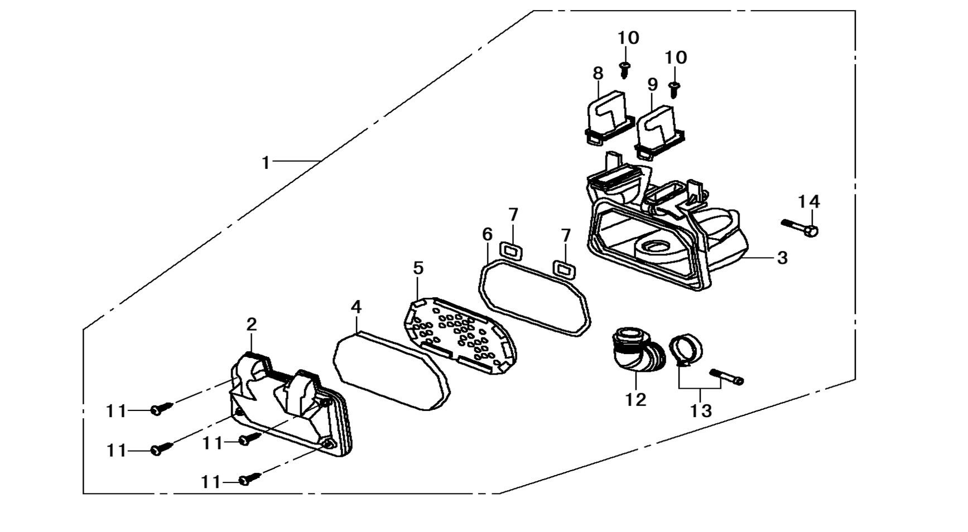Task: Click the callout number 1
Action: click(266, 162)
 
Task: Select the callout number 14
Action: click(808, 202)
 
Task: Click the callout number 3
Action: click(782, 258)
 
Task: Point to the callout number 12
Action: click(636, 399)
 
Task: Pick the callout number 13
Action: click(701, 411)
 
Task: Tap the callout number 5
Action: click(418, 268)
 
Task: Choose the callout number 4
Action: click(357, 307)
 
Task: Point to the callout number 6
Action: click(487, 235)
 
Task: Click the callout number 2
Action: click(252, 325)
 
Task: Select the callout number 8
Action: click(598, 73)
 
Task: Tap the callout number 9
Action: click(653, 85)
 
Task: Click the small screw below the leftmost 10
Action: click(625, 70)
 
